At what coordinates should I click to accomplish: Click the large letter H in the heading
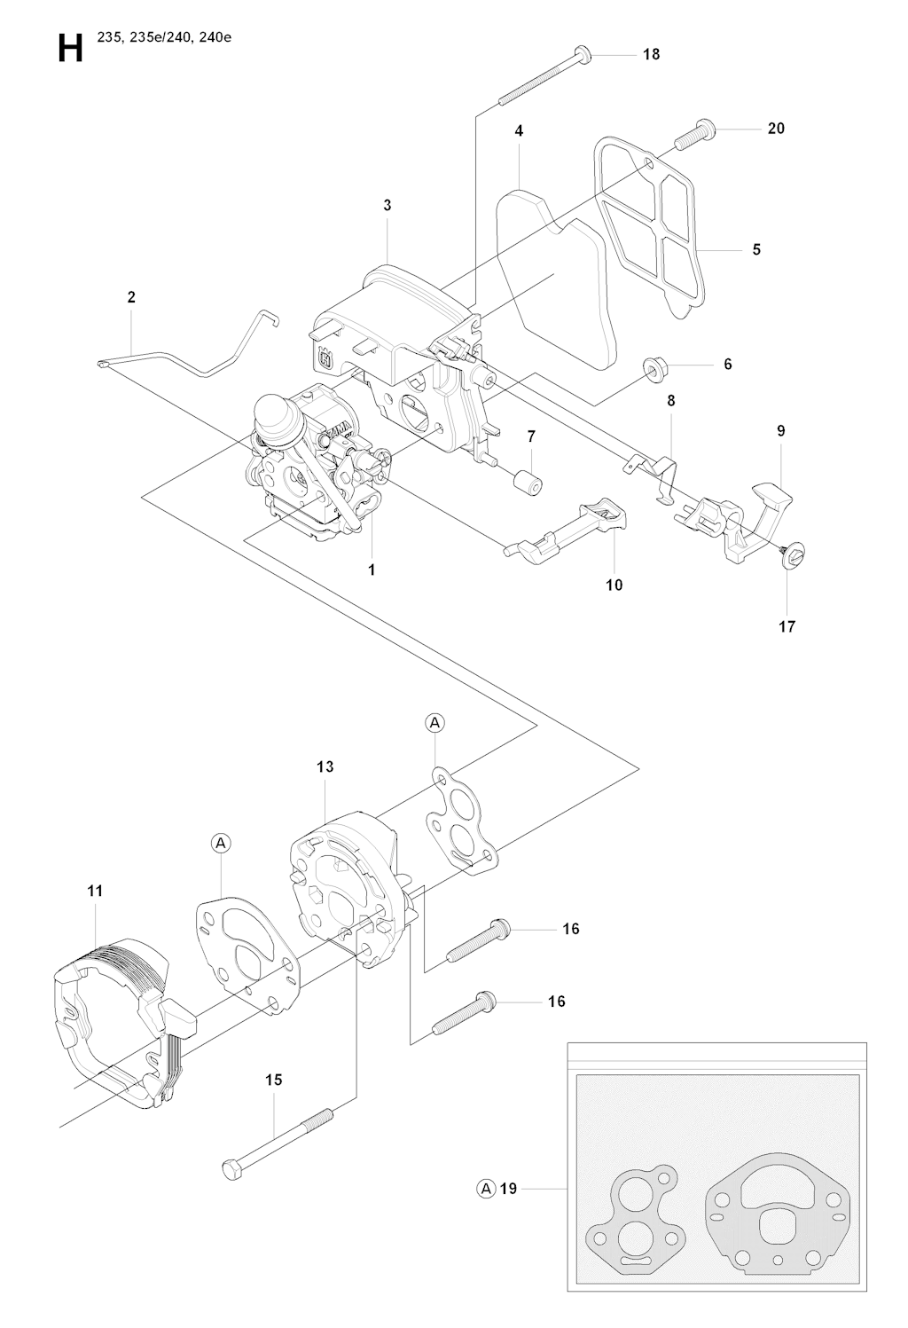[71, 48]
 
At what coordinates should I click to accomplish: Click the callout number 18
[652, 54]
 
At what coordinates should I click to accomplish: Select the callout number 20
[776, 128]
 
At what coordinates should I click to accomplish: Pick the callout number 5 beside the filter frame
[756, 249]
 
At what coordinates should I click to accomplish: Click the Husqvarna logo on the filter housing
[325, 359]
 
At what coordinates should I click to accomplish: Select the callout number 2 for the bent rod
[131, 296]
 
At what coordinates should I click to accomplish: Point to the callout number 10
[614, 585]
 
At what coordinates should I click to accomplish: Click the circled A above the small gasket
[435, 723]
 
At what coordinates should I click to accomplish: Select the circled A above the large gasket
[221, 843]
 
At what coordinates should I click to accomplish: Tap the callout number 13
[325, 766]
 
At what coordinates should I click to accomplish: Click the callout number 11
[95, 891]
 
